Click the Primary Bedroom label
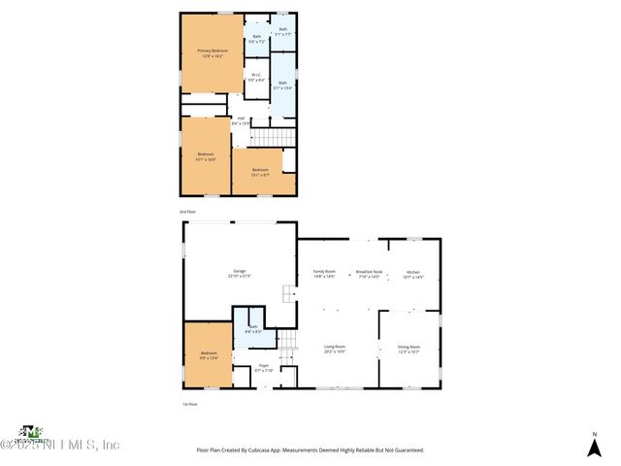(211, 53)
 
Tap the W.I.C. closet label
(255, 78)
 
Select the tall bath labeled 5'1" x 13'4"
(283, 85)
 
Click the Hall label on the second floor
(241, 121)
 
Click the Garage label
(239, 274)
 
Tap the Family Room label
(323, 274)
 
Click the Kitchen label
(412, 274)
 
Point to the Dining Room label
(409, 349)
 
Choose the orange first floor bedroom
(209, 355)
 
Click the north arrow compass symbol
(594, 446)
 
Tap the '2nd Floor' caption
(187, 211)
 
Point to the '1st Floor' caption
(190, 404)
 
